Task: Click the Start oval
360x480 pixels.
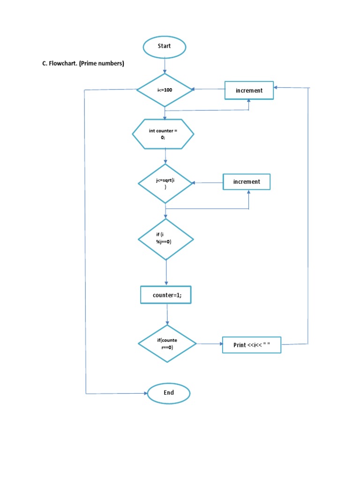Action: coord(165,46)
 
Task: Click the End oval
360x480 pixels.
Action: coord(168,393)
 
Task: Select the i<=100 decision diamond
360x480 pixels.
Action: coord(165,90)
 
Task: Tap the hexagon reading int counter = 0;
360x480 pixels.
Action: coord(163,134)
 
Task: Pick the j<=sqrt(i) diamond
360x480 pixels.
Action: coord(165,183)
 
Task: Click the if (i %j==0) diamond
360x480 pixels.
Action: coord(165,239)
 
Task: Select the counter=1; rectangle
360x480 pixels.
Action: coord(166,295)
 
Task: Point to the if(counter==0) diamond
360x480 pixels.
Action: coord(167,344)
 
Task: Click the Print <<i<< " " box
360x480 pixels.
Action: coord(251,345)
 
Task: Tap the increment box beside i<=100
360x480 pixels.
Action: coord(249,90)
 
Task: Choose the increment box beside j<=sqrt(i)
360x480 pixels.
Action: coord(247,181)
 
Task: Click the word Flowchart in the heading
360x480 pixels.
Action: coord(63,64)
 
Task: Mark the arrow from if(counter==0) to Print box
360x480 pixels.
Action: coord(209,344)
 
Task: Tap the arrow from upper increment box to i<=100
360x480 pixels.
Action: coord(209,90)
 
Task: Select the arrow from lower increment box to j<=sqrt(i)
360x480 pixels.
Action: coord(208,183)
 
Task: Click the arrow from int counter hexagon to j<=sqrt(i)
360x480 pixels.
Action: coord(165,156)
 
